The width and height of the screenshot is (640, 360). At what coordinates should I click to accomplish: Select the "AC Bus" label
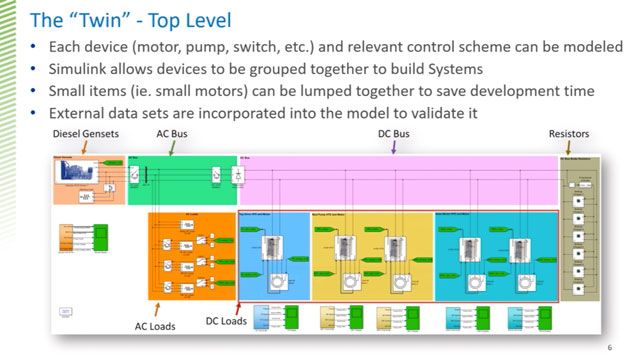pyautogui.click(x=170, y=134)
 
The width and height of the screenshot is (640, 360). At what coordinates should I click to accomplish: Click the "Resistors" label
pyautogui.click(x=569, y=134)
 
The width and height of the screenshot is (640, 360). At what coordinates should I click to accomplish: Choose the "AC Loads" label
pyautogui.click(x=156, y=325)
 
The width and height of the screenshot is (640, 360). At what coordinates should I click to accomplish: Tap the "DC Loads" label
pyautogui.click(x=226, y=321)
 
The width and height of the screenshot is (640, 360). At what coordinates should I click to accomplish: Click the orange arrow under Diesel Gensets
pyautogui.click(x=84, y=148)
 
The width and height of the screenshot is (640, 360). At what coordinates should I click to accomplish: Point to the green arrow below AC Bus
pyautogui.click(x=172, y=148)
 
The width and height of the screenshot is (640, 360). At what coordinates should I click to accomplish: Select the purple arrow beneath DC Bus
pyautogui.click(x=395, y=148)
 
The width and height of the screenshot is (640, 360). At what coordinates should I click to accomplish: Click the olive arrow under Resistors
pyautogui.click(x=569, y=148)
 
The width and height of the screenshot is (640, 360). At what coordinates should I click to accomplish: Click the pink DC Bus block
pyautogui.click(x=400, y=182)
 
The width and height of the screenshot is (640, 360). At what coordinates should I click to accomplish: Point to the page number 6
pyautogui.click(x=609, y=347)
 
